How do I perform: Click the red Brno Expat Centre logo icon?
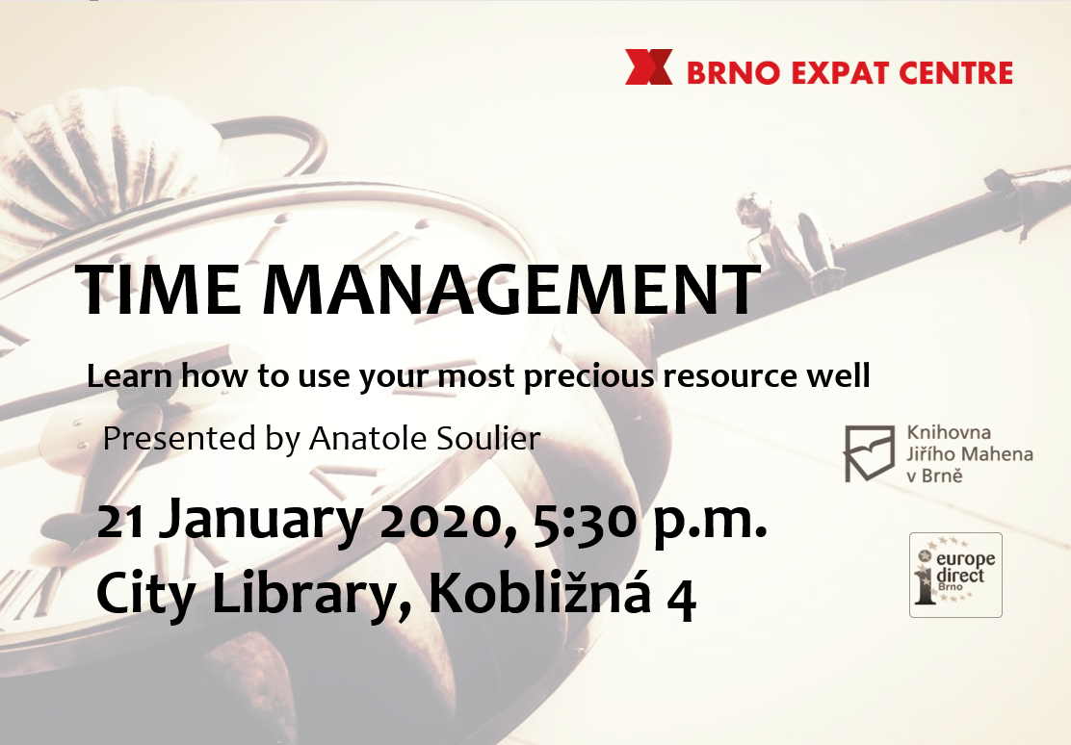[x=649, y=67]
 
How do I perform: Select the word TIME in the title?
[x=159, y=290]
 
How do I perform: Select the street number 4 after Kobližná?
[x=682, y=600]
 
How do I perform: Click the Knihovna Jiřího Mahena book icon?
[x=869, y=452]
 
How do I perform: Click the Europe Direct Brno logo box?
[x=955, y=575]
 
